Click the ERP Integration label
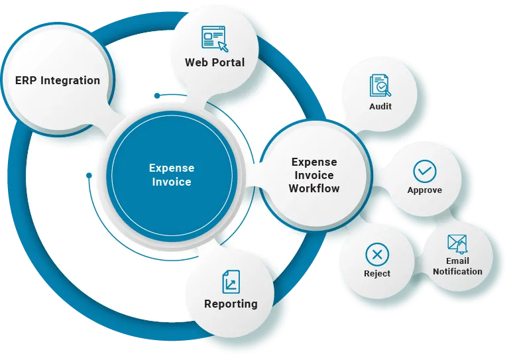58,81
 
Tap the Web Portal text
215,63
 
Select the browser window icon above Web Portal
214,38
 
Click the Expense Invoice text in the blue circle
170,175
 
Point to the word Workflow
314,188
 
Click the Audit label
380,106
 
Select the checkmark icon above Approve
425,171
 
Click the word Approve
425,191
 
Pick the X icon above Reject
377,255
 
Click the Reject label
377,274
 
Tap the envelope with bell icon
457,244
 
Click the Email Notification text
457,267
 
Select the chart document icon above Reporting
231,282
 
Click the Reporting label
231,304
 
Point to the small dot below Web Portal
157,95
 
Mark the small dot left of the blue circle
89,176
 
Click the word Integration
70,81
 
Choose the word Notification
457,271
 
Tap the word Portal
229,63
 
